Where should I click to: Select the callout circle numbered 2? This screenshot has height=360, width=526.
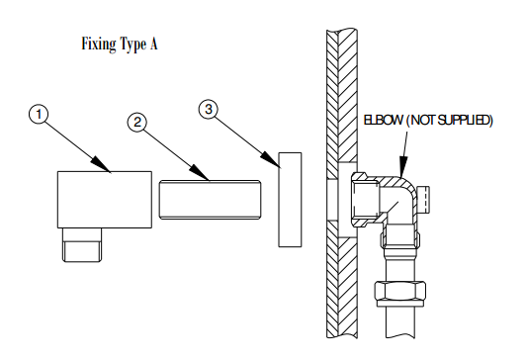pos(138,123)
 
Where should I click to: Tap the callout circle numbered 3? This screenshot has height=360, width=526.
pos(208,109)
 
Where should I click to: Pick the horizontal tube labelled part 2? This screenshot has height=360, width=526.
pos(209,200)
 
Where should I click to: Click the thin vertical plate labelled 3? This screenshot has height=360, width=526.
pos(290,198)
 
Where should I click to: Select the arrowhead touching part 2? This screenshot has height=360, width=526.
pos(207,177)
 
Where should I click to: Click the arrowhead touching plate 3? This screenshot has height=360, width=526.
pos(273,156)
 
